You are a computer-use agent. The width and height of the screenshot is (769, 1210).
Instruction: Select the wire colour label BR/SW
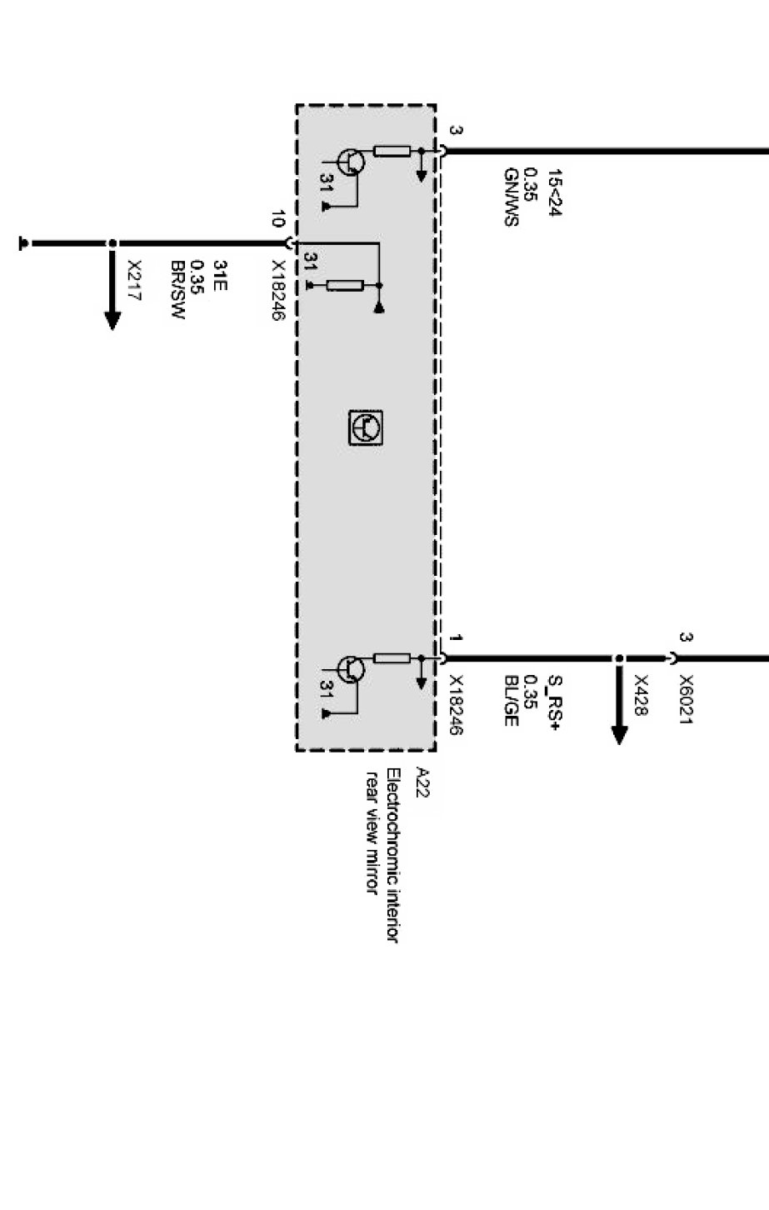(177, 291)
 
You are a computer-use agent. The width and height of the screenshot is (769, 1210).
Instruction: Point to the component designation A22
(422, 783)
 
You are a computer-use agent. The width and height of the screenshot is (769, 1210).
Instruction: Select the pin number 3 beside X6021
(687, 638)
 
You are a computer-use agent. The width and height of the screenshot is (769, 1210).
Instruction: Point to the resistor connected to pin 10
(344, 286)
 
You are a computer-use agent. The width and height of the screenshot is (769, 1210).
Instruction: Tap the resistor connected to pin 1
(392, 658)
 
